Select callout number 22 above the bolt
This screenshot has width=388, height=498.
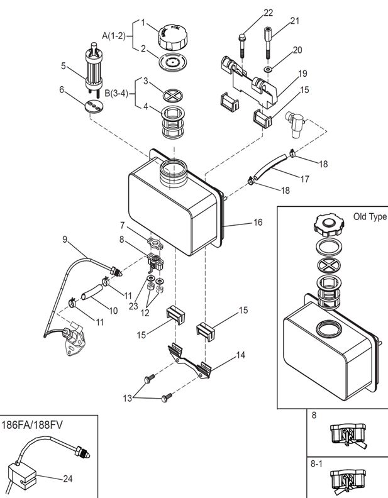point(269,13)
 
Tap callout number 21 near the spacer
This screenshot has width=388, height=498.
point(295,21)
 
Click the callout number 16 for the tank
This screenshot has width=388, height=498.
point(258,223)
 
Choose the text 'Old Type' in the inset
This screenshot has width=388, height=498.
point(369,217)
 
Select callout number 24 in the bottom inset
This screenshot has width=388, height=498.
point(68,479)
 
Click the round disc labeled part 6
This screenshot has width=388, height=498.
point(94,106)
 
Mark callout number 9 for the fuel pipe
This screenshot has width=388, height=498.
point(64,238)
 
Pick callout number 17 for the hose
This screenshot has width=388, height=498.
point(304,179)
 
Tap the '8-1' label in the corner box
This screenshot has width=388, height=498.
point(317,462)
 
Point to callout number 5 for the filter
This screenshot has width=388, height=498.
point(64,65)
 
